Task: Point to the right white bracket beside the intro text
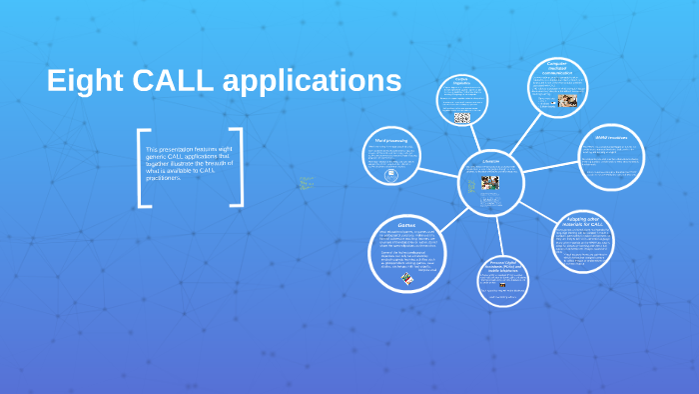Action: tap(238, 167)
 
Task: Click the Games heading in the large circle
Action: tap(407, 226)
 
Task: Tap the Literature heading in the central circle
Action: tap(490, 161)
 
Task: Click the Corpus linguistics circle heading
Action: tap(461, 82)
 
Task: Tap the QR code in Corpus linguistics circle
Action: tap(461, 117)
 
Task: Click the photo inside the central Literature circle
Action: tap(489, 184)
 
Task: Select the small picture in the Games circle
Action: tap(408, 281)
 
